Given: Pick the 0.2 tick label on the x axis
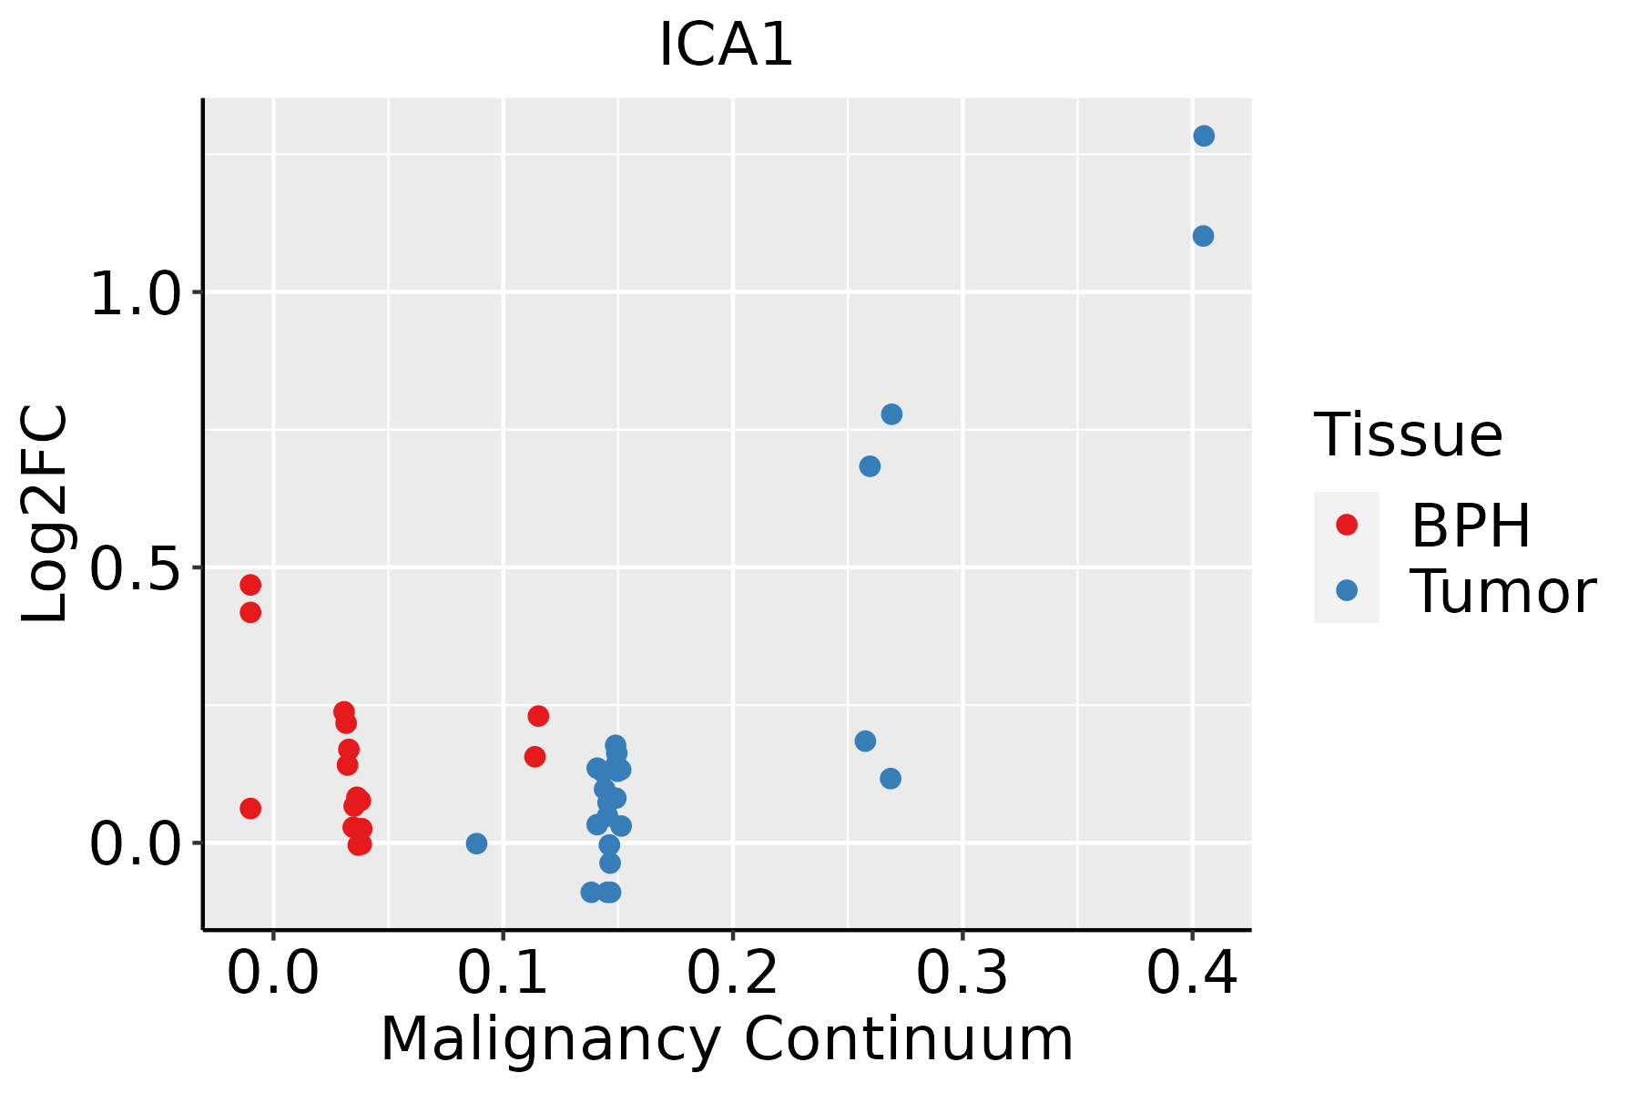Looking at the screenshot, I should pos(732,973).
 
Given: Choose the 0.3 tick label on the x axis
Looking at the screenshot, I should pos(962,973).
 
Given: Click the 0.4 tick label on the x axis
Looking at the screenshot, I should pos(1191,973).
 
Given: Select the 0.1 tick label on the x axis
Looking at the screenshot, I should pos(503,973).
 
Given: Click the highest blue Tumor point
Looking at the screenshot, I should pos(1204,136).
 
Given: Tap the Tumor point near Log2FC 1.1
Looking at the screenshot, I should pos(1203,236).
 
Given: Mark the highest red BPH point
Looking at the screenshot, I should pos(250,585).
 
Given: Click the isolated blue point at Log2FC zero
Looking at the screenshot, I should pos(476,843).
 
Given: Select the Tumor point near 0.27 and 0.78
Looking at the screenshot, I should pos(891,414).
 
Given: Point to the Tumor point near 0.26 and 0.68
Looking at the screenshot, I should pos(870,466).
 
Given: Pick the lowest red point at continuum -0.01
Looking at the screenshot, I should pos(250,808).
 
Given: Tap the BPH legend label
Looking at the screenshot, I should pos(1471,526).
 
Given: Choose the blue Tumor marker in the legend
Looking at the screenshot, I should pos(1346,590).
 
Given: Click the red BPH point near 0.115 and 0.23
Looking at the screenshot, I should pos(538,716).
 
